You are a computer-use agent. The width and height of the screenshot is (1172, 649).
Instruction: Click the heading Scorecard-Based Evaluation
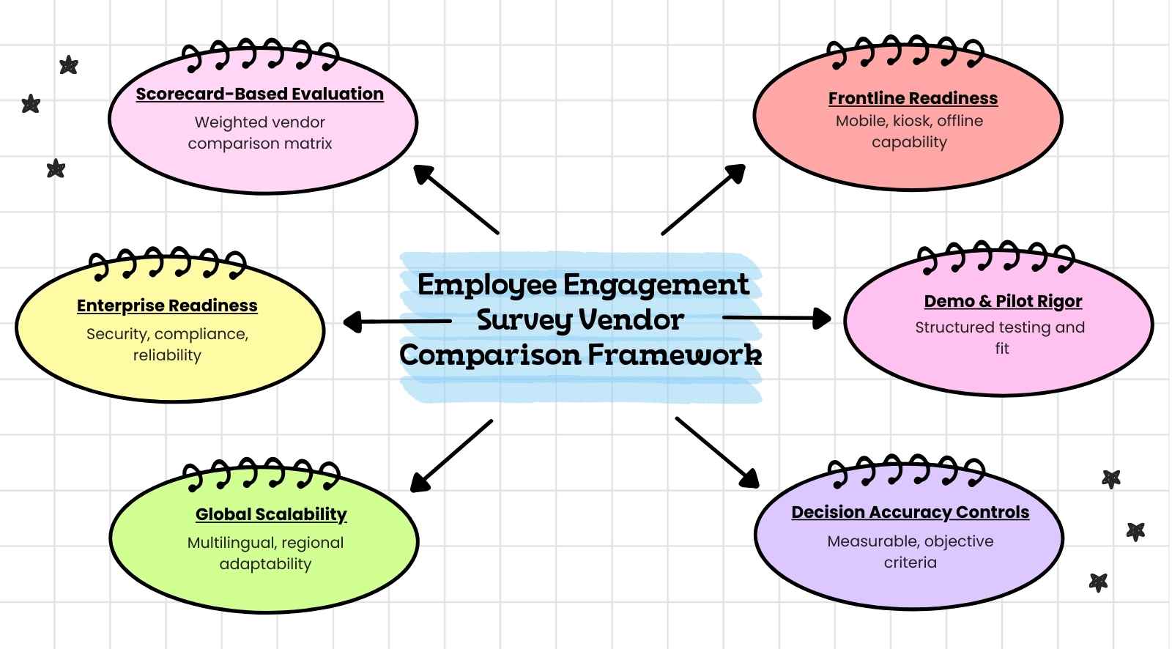point(259,94)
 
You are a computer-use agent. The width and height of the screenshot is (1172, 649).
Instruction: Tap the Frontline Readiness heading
point(913,98)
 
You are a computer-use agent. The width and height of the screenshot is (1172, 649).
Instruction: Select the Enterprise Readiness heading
point(167,305)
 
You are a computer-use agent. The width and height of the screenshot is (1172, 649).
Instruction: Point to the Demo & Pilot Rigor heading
point(1002,301)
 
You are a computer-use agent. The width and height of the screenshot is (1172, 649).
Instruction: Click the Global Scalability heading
point(271,514)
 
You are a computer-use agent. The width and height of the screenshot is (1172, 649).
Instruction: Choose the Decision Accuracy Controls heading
point(910,512)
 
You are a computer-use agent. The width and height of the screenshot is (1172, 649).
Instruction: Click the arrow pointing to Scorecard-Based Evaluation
point(456,199)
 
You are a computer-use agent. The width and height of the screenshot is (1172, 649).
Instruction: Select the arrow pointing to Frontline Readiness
point(703,199)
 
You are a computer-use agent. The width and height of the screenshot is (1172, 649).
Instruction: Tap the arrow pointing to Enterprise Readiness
point(397,321)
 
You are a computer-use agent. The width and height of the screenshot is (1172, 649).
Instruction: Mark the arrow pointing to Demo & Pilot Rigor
point(776,318)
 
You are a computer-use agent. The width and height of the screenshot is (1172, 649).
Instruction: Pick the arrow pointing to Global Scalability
point(451,455)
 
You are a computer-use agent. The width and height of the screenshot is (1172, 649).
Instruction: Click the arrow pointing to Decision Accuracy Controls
point(717,452)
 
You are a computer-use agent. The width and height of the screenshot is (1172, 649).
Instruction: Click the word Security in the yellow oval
point(118,334)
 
